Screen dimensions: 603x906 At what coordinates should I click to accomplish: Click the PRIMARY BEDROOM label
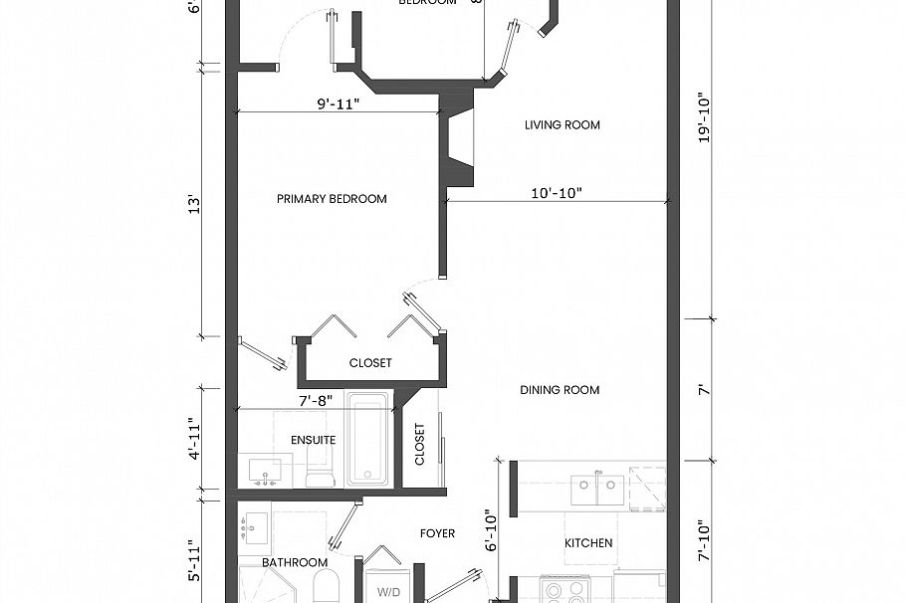click(332, 199)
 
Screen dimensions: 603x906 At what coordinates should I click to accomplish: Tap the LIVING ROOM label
click(563, 125)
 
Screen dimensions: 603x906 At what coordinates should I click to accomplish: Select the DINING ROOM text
click(560, 390)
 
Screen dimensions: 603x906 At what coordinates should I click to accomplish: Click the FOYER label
click(437, 534)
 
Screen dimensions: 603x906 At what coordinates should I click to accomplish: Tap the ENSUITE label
click(313, 440)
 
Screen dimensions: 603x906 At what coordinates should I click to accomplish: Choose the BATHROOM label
click(295, 563)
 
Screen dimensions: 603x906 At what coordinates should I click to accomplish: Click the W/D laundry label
click(387, 591)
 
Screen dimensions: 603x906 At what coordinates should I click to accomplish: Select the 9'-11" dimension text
click(338, 102)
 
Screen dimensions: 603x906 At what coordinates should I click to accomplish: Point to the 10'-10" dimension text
click(555, 193)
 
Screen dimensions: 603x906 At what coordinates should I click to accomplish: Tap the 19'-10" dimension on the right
click(705, 120)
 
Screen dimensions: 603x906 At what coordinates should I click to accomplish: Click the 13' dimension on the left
click(196, 205)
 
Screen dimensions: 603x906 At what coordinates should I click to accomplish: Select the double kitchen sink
click(597, 489)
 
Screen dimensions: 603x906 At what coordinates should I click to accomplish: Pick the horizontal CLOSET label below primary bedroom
click(369, 363)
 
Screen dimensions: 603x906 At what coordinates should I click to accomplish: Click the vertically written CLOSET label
click(420, 444)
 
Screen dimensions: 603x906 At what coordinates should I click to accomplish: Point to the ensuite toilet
click(319, 469)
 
